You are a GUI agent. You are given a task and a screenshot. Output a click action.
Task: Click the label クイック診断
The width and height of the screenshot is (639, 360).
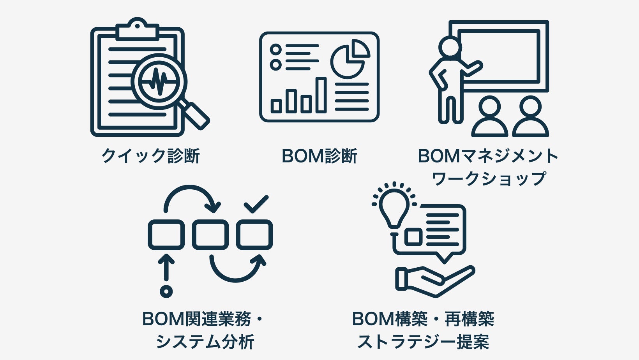(x=150, y=156)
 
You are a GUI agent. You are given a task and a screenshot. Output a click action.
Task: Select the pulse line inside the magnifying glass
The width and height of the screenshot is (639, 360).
(x=159, y=82)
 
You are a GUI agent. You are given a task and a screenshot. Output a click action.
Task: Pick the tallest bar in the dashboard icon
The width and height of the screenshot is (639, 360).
(x=321, y=95)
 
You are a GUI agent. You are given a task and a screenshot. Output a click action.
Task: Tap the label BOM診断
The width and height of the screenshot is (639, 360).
(x=319, y=156)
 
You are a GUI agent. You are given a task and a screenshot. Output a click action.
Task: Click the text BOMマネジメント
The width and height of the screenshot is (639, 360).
(x=488, y=156)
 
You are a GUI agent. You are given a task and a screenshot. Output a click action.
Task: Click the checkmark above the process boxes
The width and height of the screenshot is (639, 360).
(x=256, y=204)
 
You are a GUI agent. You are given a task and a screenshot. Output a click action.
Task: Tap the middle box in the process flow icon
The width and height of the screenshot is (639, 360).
(x=210, y=235)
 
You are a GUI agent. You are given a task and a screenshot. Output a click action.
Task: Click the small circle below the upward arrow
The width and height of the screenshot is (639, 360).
(x=166, y=291)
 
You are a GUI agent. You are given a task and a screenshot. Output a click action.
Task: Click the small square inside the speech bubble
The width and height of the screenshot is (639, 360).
(x=414, y=236)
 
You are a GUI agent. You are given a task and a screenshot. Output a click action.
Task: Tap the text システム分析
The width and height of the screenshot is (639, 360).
(x=205, y=342)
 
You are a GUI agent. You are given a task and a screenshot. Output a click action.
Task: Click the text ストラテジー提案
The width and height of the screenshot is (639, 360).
(x=423, y=342)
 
